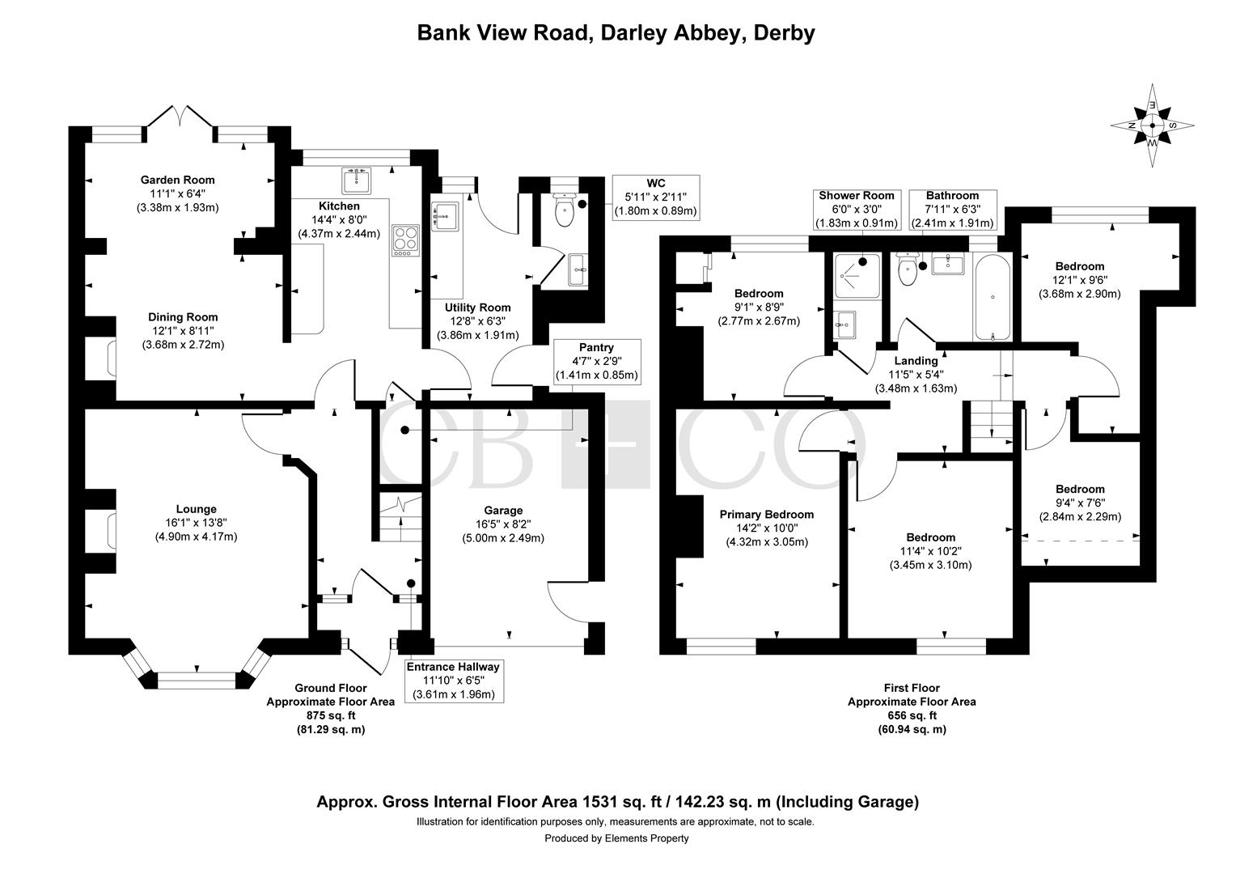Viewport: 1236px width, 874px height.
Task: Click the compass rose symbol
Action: click(1152, 125)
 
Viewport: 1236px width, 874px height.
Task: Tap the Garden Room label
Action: click(177, 180)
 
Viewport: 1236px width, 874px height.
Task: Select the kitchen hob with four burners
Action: click(405, 240)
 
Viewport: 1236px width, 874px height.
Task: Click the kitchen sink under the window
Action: click(356, 180)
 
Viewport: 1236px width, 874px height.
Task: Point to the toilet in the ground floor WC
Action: click(564, 210)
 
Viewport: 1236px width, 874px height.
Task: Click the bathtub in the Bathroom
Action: click(992, 297)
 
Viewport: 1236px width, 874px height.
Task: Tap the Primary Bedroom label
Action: click(766, 515)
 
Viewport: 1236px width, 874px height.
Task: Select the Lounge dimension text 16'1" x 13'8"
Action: click(196, 523)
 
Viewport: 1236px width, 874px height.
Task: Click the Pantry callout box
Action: click(596, 362)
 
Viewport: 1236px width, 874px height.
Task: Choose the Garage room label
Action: click(503, 510)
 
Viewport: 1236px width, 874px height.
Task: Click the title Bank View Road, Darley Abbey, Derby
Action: click(616, 32)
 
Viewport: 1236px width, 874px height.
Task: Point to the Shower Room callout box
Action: click(857, 210)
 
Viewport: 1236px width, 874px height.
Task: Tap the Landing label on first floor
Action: click(916, 361)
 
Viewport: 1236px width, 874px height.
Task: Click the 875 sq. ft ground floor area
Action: click(331, 715)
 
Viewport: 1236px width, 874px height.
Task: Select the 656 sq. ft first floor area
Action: click(912, 715)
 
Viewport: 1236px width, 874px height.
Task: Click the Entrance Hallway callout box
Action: click(453, 681)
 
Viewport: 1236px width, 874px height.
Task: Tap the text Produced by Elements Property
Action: click(616, 838)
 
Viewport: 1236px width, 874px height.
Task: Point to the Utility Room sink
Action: click(445, 216)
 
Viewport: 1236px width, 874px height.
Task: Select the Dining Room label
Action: click(183, 317)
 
